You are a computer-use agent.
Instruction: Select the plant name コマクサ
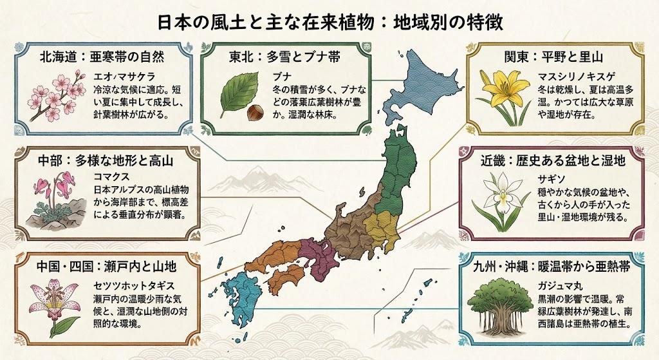coord(111,175)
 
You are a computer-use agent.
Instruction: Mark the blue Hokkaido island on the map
coord(418,90)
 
